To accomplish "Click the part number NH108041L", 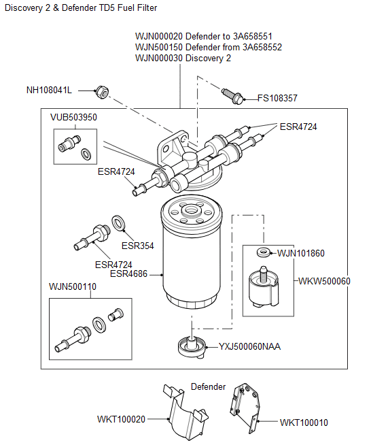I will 48,90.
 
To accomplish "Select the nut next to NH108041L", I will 102,90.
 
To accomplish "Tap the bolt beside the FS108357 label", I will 234,97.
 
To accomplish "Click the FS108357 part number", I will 277,98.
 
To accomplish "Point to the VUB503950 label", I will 73,117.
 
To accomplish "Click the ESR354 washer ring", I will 117,222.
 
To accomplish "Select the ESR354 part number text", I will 138,246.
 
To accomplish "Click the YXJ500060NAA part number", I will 249,346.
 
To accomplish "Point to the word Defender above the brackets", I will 208,386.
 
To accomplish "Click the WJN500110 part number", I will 72,287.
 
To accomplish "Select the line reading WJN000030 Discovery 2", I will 183,59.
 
